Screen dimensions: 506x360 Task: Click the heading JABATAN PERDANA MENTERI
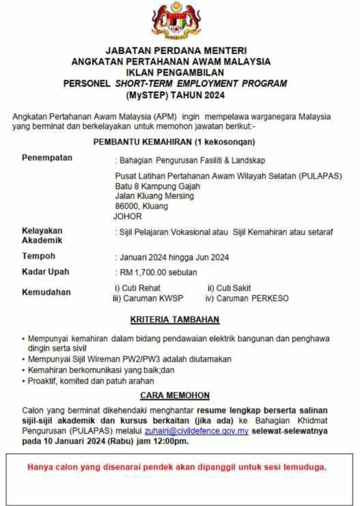[176, 50]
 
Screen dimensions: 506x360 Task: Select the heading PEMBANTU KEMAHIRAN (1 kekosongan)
[174, 142]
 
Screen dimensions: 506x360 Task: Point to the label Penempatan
[47, 158]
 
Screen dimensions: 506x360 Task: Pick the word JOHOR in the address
[128, 216]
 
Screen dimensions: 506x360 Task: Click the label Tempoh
[38, 256]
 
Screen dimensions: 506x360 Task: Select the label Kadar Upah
[45, 272]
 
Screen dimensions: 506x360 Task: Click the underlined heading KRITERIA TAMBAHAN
[175, 319]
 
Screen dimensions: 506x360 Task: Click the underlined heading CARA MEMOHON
[175, 395]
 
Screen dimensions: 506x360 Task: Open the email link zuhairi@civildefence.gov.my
[196, 431]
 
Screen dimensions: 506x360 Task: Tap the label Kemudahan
[46, 292]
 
